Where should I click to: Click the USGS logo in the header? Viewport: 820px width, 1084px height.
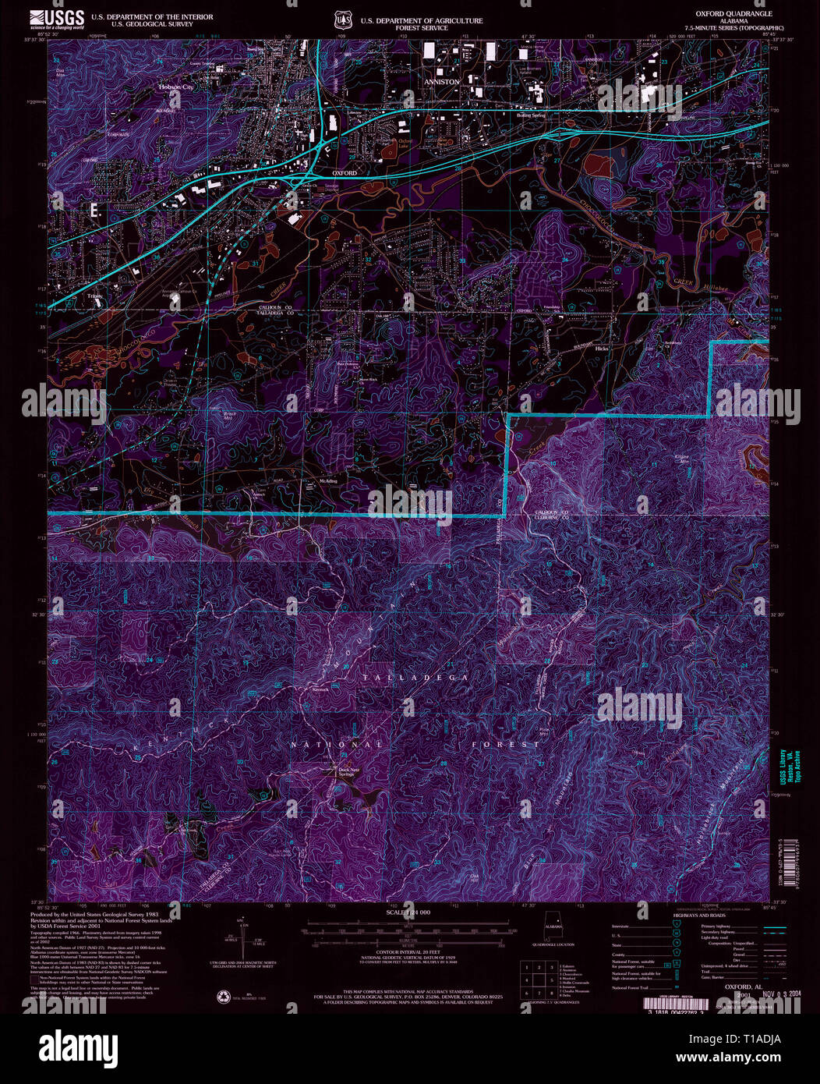(x=57, y=19)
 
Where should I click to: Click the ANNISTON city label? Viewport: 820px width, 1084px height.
(x=441, y=80)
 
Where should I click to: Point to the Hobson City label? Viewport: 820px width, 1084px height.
(x=175, y=87)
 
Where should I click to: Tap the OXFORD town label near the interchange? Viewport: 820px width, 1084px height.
(x=344, y=172)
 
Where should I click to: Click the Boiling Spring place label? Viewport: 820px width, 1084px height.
(x=531, y=115)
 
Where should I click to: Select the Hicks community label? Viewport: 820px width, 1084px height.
(x=601, y=349)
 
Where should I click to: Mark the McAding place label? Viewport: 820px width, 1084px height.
(x=328, y=481)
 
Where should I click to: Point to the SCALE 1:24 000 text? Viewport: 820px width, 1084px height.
(x=409, y=912)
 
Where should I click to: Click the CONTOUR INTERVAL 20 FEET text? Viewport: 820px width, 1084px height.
(x=409, y=956)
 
